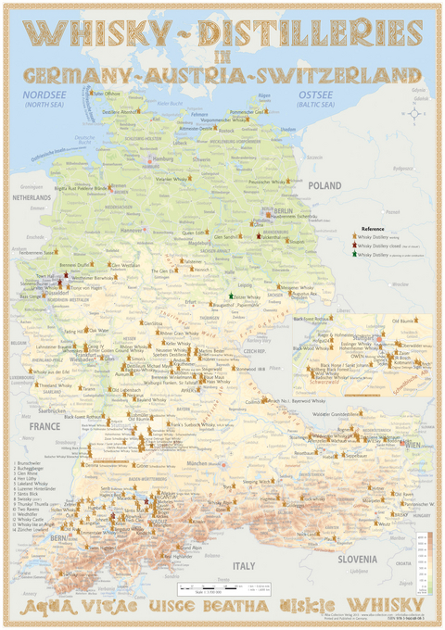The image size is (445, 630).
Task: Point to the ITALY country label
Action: coord(243,565)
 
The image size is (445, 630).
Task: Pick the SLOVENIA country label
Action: coord(356,559)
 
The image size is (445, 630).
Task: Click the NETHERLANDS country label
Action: coord(31,198)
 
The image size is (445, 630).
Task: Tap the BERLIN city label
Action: coord(282,211)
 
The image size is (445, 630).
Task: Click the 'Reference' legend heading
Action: coord(373,228)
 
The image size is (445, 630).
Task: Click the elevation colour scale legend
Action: coord(419,561)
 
